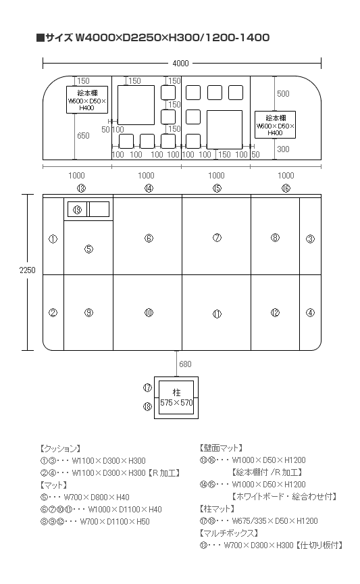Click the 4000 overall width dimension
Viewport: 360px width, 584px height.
[x=180, y=64]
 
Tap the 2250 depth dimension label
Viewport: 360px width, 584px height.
[x=27, y=270]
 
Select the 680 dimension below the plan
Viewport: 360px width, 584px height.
[x=185, y=364]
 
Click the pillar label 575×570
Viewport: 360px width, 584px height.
[x=176, y=403]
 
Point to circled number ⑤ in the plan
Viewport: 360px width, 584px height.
[x=88, y=249]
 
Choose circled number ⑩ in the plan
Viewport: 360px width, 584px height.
[x=149, y=312]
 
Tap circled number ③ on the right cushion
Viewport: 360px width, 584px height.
[x=310, y=239]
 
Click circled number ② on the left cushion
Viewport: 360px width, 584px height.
[x=53, y=312]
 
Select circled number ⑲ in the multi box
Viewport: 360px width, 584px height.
[x=77, y=210]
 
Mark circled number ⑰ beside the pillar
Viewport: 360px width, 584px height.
[x=147, y=388]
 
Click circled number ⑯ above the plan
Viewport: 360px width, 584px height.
[x=286, y=188]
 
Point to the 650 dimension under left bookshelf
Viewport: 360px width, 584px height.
[x=83, y=136]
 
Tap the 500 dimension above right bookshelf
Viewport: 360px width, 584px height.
[x=283, y=93]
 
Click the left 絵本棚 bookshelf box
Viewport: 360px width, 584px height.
[x=87, y=100]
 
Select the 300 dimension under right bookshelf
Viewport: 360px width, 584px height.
[x=283, y=149]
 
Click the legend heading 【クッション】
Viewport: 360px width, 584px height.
[x=60, y=448]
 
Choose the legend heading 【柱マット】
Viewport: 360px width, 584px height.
[x=217, y=508]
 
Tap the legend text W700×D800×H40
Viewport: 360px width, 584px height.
[x=97, y=497]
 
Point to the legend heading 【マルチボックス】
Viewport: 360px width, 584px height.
[x=229, y=533]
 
